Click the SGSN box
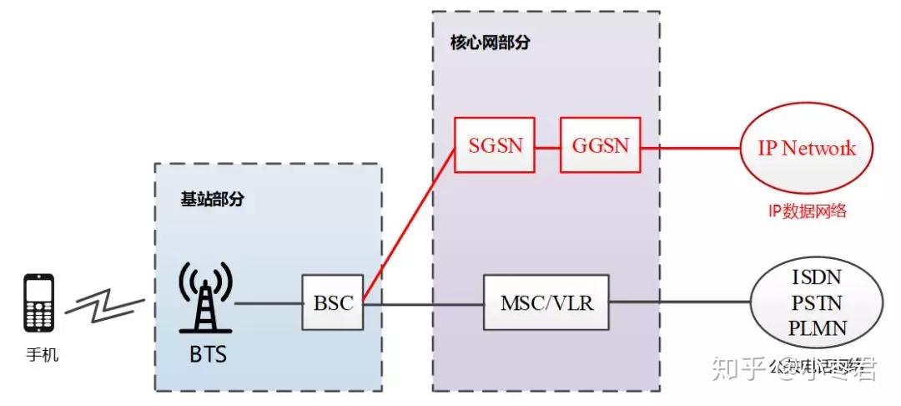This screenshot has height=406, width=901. tap(496, 146)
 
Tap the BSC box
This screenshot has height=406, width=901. tap(333, 302)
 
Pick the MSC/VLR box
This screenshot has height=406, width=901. tap(547, 302)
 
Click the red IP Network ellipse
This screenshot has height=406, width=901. tap(806, 149)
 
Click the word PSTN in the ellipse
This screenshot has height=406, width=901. tap(816, 302)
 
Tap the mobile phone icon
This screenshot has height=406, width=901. tap(39, 303)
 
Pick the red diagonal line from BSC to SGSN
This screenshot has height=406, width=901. tap(409, 226)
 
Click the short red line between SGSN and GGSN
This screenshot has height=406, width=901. tap(547, 147)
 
